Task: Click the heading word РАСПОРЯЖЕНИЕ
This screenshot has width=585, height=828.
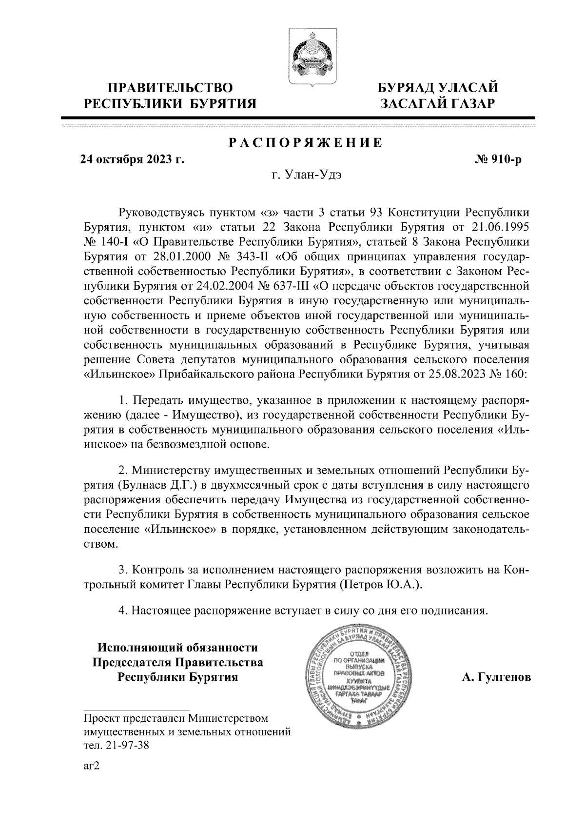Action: (x=306, y=143)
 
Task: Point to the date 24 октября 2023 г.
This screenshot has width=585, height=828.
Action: (x=132, y=160)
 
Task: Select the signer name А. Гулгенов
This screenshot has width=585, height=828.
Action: (x=496, y=678)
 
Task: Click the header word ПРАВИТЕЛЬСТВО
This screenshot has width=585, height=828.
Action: (x=170, y=88)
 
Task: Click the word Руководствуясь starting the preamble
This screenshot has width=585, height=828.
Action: (x=160, y=214)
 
